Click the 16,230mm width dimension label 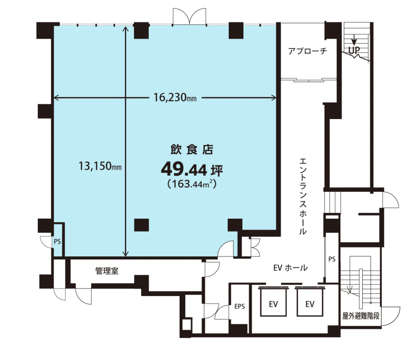coord(175,98)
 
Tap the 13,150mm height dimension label coord(100,166)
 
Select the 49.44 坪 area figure coord(192,170)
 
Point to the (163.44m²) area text coord(192,184)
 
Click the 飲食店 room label coord(192,150)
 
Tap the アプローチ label coord(307,51)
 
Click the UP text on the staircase coord(354,50)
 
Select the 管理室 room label coord(107,271)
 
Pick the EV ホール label coord(290,268)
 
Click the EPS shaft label coord(240,306)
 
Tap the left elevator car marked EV coord(273,302)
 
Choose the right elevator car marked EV coord(310,302)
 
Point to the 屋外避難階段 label coord(361,316)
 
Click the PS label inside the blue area coord(57,242)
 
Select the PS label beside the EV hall coord(332,259)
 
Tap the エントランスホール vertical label coord(303,196)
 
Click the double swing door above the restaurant coord(189,17)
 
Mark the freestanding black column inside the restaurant coord(141,225)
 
